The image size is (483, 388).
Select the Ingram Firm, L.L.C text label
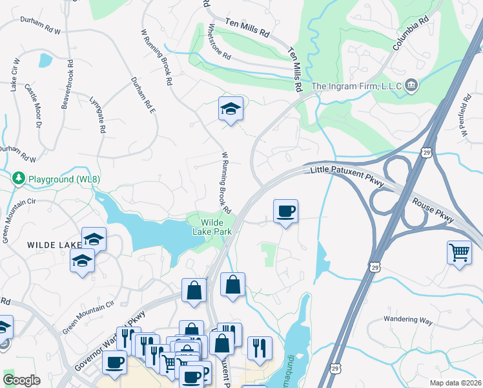[356, 86]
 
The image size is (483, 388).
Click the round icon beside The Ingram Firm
[412, 86]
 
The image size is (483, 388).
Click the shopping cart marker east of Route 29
[459, 251]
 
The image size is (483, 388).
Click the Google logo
[21, 380]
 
